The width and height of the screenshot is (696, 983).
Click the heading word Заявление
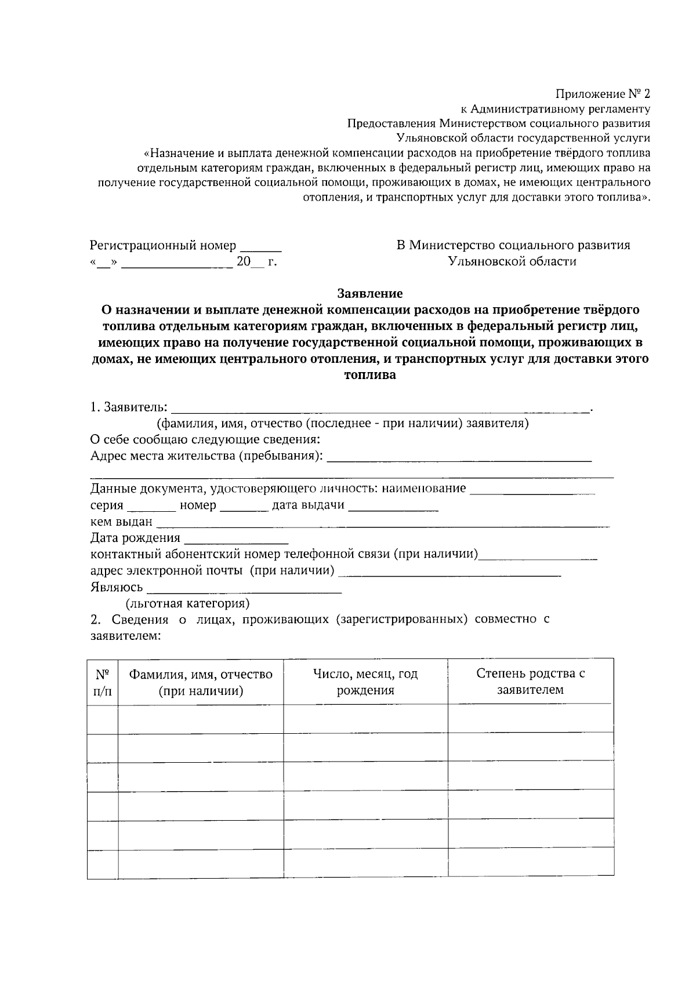[x=370, y=293]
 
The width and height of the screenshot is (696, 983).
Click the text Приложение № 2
[x=603, y=93]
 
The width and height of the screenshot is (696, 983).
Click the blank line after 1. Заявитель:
[x=380, y=410]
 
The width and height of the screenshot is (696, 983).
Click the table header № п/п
[x=103, y=682]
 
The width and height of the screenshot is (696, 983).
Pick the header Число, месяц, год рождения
[x=365, y=682]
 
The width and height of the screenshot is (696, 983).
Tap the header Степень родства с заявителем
[x=530, y=682]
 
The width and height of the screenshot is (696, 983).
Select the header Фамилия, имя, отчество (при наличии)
[x=201, y=682]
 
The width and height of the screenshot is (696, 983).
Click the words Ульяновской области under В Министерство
[x=513, y=261]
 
